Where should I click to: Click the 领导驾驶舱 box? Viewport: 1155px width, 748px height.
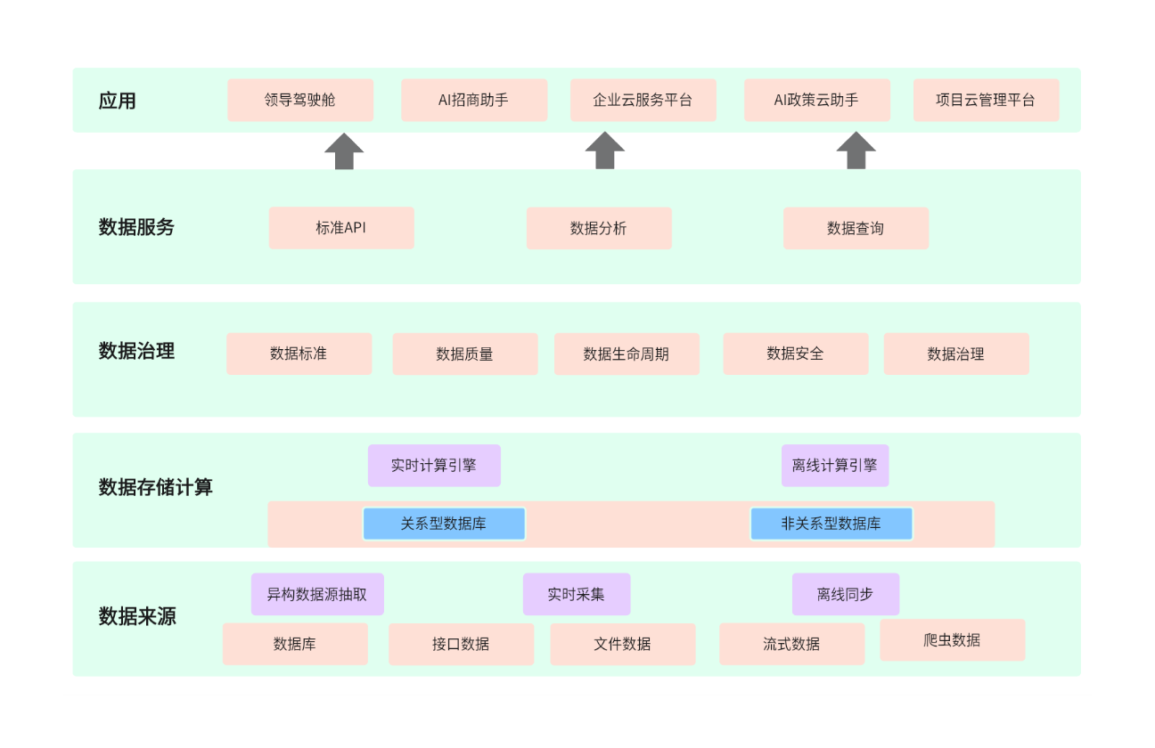[x=300, y=100]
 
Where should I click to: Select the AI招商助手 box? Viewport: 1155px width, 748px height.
[x=474, y=100]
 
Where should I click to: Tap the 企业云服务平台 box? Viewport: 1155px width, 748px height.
[x=643, y=100]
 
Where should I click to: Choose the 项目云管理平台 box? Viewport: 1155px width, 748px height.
[x=986, y=100]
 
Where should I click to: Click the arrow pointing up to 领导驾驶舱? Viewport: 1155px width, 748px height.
[x=344, y=151]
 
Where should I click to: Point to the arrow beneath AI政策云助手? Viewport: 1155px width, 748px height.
[x=856, y=151]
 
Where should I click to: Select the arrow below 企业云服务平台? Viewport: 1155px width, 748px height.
[x=605, y=151]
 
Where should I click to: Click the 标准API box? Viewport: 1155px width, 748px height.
[x=341, y=228]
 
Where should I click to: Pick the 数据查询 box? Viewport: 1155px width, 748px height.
[x=856, y=228]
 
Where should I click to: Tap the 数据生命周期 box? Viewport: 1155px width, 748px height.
[x=627, y=354]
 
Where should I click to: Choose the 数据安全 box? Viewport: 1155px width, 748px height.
[x=795, y=354]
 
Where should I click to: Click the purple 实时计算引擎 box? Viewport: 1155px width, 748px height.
[x=434, y=466]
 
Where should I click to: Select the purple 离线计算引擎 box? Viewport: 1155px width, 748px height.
[x=835, y=466]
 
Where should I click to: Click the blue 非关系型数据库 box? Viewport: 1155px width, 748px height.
[x=831, y=524]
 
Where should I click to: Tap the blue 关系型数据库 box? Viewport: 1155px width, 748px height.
[x=444, y=524]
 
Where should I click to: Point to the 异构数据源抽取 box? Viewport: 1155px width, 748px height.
[x=317, y=594]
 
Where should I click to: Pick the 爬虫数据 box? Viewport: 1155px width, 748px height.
[x=952, y=639]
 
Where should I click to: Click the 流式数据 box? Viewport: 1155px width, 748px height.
[x=791, y=644]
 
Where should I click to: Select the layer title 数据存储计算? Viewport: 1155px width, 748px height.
[x=156, y=488]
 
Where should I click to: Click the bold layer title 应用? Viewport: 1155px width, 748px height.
[x=118, y=101]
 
